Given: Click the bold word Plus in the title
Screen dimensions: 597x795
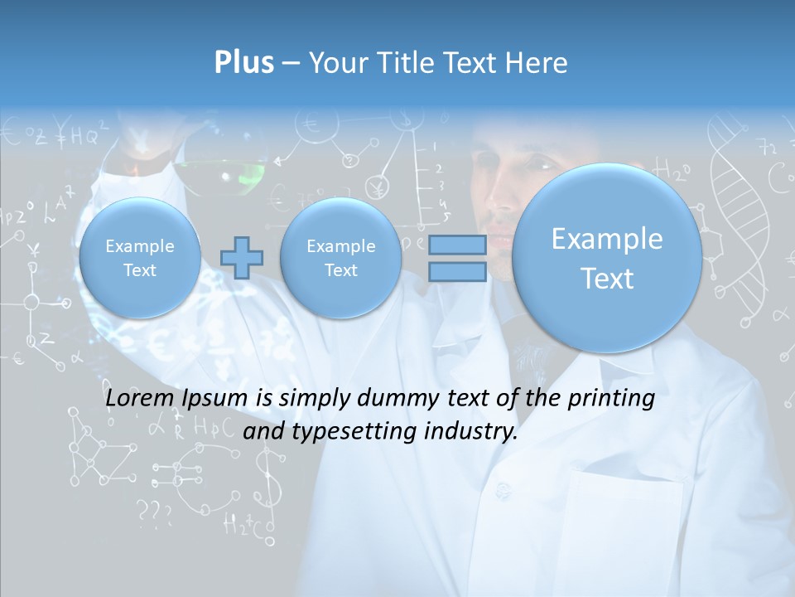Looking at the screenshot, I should (243, 63).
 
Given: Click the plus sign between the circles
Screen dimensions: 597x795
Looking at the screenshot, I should (241, 258).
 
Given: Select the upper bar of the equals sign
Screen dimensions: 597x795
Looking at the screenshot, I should (456, 245).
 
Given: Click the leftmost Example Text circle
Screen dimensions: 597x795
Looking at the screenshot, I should (139, 258).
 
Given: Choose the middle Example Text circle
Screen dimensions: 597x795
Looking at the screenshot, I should (340, 258).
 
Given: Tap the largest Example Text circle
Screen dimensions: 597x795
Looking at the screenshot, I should (607, 258).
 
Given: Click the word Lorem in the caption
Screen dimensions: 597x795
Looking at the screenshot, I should (139, 399).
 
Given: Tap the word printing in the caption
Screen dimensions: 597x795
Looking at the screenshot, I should (610, 399).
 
